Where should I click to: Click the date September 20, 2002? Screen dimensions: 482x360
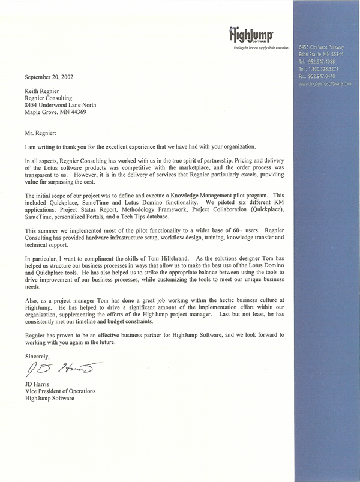[x=52, y=77]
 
